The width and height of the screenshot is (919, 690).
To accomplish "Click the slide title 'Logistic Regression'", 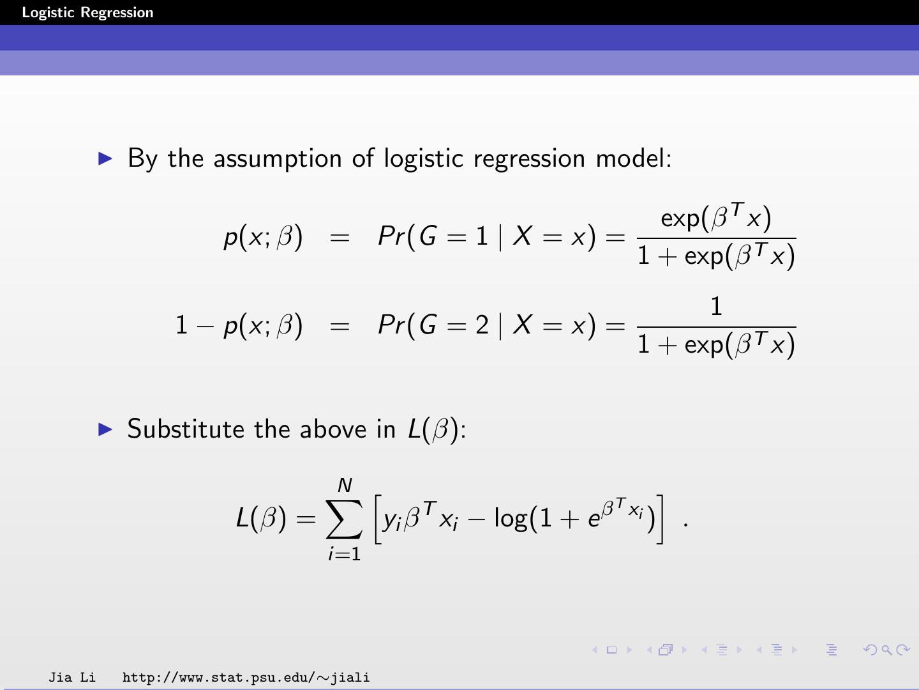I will pos(87,13).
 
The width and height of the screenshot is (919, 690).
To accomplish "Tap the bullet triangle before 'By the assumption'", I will pos(106,158).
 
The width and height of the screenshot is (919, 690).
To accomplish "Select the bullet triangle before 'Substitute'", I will pos(106,429).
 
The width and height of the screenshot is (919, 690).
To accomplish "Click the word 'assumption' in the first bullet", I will pos(278,159).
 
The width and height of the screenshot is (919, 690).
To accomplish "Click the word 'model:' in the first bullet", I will pos(634,158).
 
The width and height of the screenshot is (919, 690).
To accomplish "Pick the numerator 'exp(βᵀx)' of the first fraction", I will pos(716,218).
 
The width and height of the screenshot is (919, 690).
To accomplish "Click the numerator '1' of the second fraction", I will pos(716,307).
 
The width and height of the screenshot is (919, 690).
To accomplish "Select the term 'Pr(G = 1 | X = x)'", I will pos(486,237).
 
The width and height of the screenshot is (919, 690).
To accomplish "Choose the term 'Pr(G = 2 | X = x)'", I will pos(486,325).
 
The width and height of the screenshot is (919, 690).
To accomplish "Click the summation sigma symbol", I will pos(345,519).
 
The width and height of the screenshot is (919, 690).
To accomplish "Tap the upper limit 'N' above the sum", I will pos(345,486).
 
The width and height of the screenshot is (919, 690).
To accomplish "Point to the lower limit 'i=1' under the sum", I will pos(345,553).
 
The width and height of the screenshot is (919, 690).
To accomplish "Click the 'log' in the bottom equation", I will pos(511,518).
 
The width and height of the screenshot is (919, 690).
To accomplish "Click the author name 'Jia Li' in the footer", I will pos(72,677).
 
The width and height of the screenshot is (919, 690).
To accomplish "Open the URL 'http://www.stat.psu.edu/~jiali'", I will pos(246,677).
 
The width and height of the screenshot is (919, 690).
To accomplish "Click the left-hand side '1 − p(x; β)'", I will pos(239,326).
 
